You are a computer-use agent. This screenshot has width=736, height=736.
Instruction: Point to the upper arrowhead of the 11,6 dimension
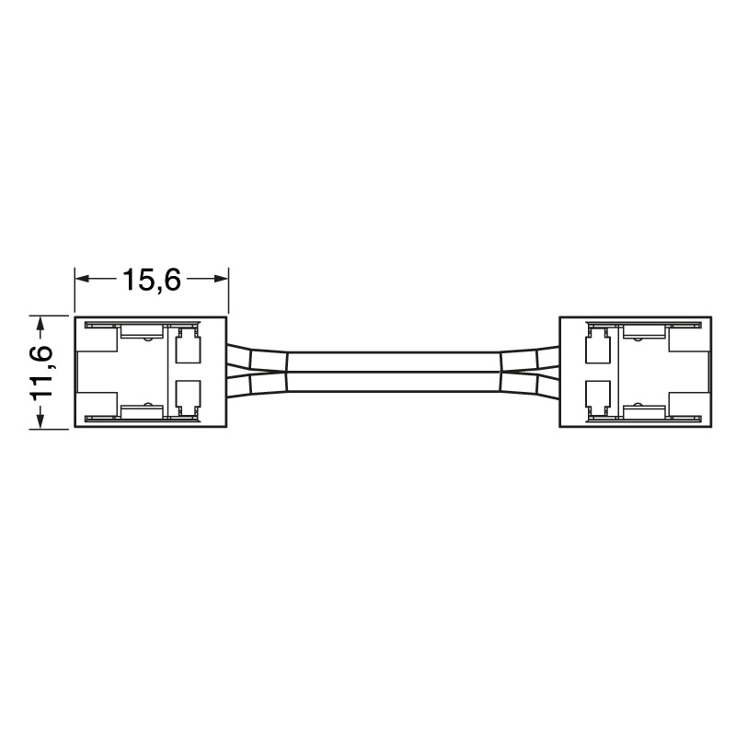tap(39, 323)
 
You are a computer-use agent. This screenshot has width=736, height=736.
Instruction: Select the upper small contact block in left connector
tap(188, 350)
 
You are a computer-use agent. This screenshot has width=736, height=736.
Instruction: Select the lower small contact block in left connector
tap(188, 396)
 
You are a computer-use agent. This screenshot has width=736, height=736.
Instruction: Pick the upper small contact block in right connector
tap(597, 350)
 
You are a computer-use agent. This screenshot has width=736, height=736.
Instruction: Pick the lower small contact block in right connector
tap(597, 396)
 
